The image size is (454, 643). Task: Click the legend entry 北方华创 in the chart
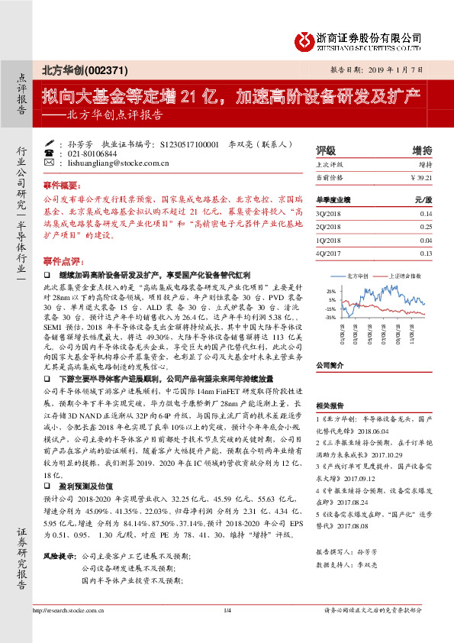point(358,274)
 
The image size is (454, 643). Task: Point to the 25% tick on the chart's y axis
point(331,291)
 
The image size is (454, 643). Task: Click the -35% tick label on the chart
point(330,316)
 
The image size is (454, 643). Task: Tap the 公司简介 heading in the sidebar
point(331,366)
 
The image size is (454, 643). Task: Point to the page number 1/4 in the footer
point(227,631)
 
